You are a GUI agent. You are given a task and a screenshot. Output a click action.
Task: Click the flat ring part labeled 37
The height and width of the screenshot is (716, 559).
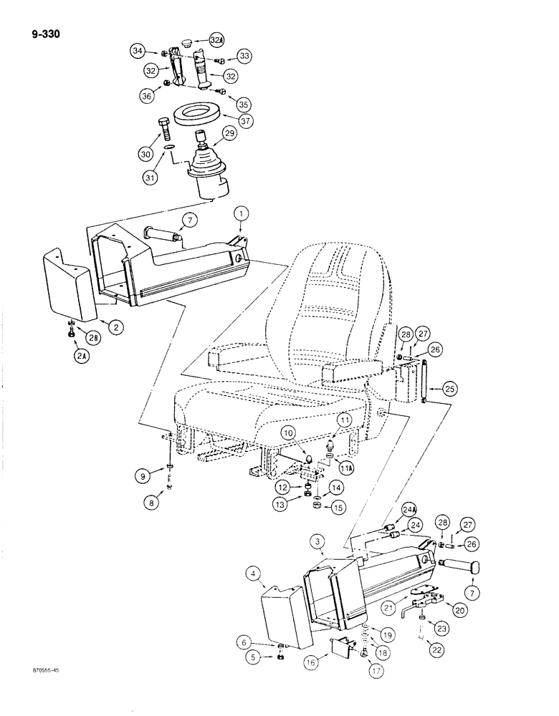(x=199, y=114)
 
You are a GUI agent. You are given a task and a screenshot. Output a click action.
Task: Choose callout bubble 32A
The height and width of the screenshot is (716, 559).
(x=218, y=37)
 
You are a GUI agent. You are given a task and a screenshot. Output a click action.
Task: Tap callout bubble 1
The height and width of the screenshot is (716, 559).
(x=242, y=212)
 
